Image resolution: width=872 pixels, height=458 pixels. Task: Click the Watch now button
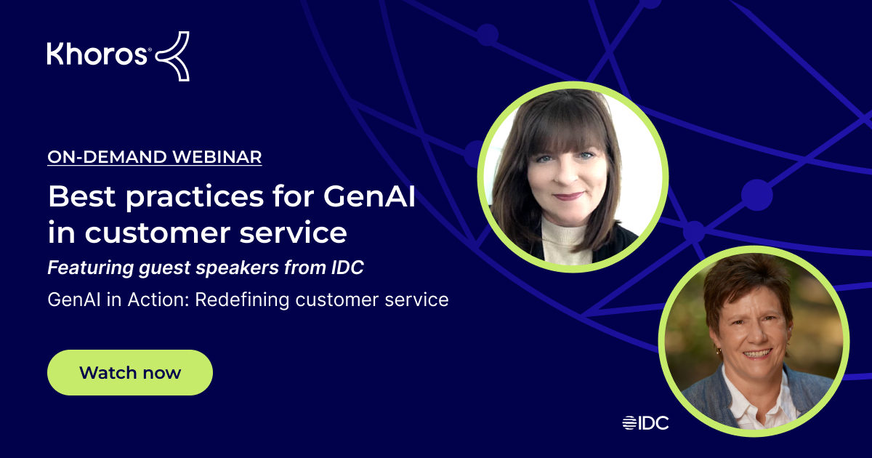coord(130,372)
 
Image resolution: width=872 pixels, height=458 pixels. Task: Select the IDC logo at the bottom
coord(645,422)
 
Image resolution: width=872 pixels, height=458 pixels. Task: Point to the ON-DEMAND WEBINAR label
coord(155,156)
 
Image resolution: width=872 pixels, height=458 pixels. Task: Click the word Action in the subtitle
coord(158,299)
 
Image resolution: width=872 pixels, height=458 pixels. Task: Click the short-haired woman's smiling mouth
coord(757,353)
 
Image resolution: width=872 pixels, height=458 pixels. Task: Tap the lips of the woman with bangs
coord(569,196)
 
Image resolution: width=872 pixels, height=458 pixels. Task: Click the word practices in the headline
coord(178,198)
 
